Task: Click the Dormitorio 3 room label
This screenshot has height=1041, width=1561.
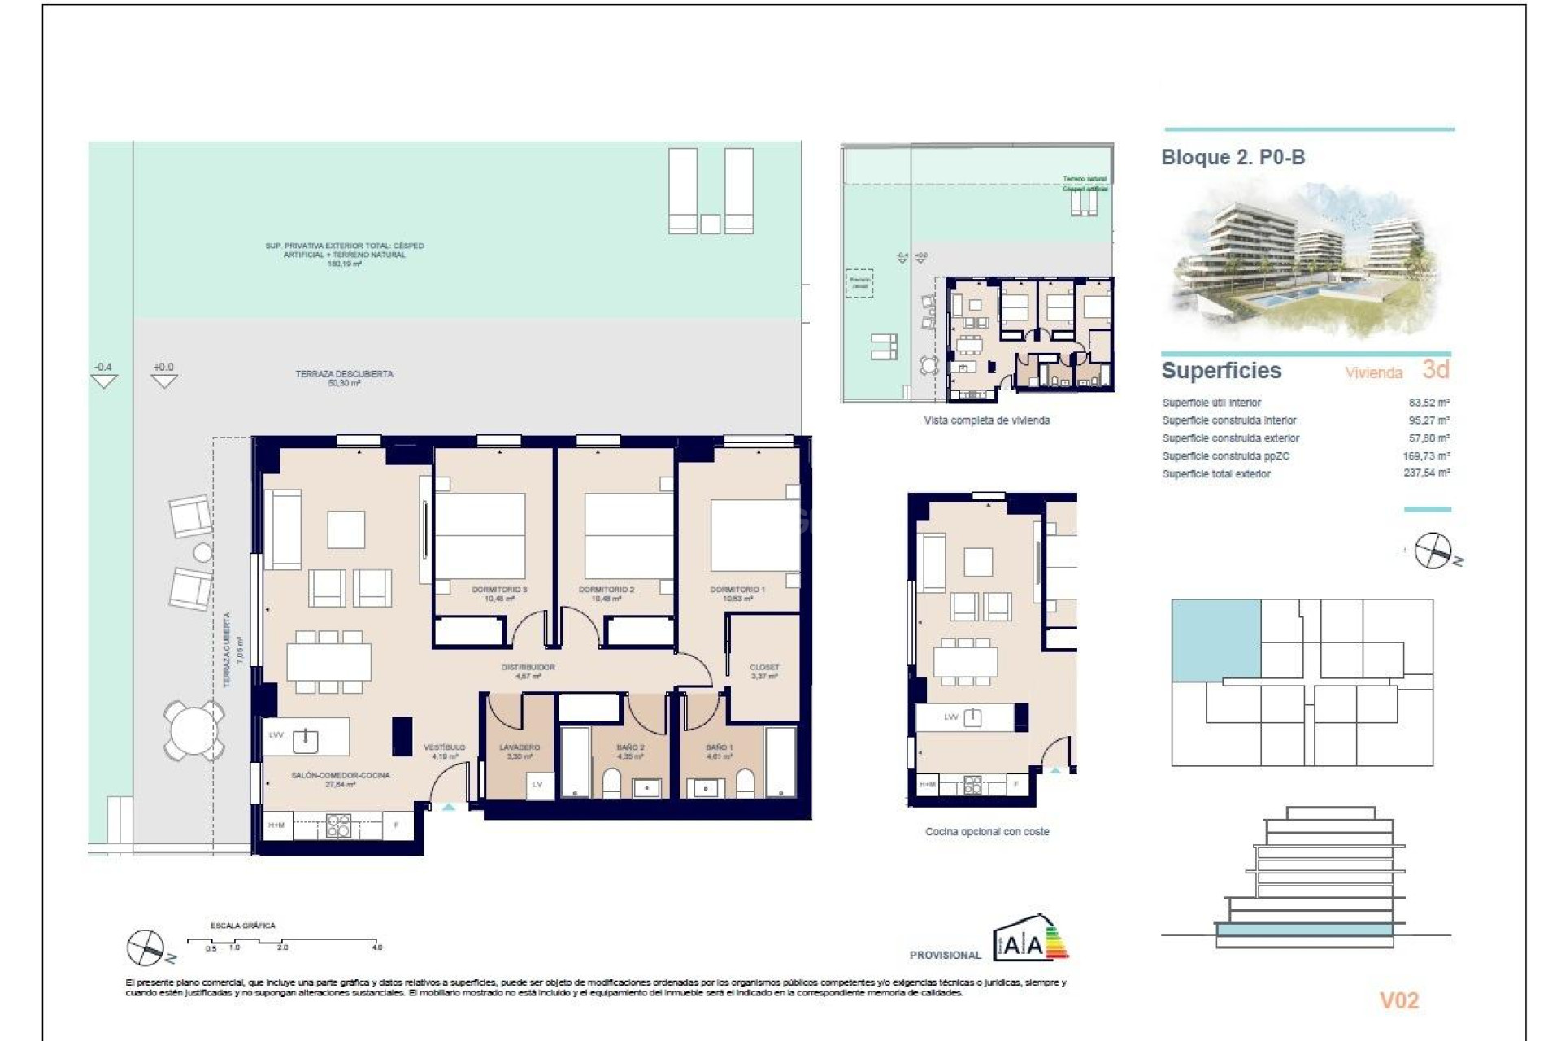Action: (499, 590)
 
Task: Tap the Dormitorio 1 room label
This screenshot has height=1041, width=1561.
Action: (737, 590)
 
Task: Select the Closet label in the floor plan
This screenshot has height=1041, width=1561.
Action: (764, 668)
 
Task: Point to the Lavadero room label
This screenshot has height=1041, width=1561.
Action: (520, 747)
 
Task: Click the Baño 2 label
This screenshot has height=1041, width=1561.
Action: (630, 747)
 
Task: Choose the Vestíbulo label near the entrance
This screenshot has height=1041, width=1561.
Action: (444, 747)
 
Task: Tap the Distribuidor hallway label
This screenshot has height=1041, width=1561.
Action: (528, 668)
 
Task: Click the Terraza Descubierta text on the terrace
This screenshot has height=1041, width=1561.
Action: (344, 374)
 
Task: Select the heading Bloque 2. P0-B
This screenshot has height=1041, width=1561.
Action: (1233, 158)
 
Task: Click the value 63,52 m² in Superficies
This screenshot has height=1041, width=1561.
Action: (1428, 403)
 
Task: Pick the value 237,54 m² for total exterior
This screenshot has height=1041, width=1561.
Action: (1426, 473)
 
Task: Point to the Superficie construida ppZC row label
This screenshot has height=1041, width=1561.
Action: (1225, 456)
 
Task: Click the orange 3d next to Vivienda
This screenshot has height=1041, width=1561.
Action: (1436, 370)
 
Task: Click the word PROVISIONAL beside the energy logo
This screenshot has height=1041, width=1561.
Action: (945, 955)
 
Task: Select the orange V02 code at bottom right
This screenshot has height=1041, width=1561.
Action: (1398, 1000)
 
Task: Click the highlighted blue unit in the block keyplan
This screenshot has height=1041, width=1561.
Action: (1215, 639)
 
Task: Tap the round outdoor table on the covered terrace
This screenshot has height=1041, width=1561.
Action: (193, 730)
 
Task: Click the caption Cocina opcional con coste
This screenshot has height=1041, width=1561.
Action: (987, 832)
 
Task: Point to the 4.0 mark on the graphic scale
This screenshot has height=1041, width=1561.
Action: (377, 947)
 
